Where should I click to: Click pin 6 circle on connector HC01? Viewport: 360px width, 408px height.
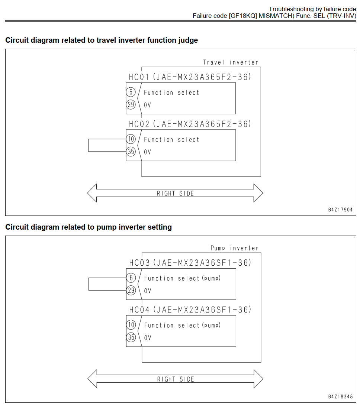coord(131,92)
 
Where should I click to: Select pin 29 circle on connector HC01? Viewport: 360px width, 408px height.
coord(131,105)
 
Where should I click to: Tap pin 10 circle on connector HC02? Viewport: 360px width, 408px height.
coord(131,139)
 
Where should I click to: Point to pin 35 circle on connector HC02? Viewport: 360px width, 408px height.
coord(131,152)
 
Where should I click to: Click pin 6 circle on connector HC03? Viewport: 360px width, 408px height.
coord(131,278)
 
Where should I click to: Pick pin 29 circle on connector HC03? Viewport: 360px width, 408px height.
coord(131,290)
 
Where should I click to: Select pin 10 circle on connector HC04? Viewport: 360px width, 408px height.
coord(131,325)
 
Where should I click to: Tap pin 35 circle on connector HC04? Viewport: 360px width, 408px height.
coord(131,337)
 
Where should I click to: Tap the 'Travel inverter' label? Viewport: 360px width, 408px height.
coord(231,62)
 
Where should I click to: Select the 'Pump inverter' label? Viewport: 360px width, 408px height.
coord(234,248)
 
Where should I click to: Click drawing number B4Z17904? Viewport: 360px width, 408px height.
coord(340,210)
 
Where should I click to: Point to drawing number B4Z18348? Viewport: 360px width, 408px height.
coord(340,396)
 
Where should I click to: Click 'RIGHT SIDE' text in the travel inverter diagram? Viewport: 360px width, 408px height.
coord(175,193)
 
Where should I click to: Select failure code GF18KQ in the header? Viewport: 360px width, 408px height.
coord(243,16)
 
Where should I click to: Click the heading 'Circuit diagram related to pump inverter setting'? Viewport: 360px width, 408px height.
coord(89,227)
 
